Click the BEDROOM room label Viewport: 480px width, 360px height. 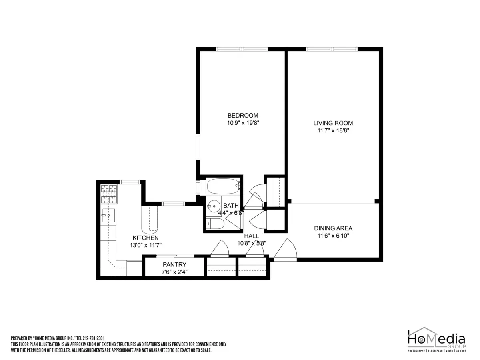(243, 116)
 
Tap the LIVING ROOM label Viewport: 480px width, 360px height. (333, 123)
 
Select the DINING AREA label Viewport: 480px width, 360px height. (333, 228)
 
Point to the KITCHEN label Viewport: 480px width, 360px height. (146, 238)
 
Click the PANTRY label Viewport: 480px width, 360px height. (174, 264)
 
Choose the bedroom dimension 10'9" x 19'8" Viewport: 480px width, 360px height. (243, 123)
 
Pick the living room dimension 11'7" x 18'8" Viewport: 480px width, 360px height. (333, 130)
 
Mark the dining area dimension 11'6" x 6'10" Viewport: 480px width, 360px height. (333, 236)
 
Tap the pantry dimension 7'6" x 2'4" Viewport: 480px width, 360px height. (174, 272)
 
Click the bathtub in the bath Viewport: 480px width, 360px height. (223, 186)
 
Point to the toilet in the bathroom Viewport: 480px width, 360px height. (215, 224)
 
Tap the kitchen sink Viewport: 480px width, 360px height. (108, 216)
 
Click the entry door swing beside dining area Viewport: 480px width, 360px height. (286, 250)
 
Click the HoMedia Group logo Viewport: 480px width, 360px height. (436, 342)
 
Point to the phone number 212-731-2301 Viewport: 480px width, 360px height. (93, 338)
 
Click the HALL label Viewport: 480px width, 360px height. (252, 236)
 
